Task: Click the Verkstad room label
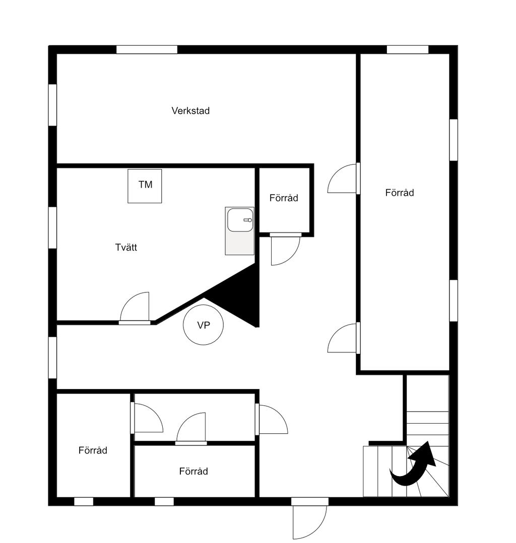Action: click(x=190, y=111)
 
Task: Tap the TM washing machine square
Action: click(x=145, y=186)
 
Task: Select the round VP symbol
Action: click(x=203, y=325)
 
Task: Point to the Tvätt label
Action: click(x=126, y=247)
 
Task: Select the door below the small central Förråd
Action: click(x=285, y=250)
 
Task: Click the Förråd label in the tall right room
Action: click(x=400, y=193)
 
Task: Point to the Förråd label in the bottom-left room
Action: click(x=93, y=450)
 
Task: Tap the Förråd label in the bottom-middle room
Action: click(x=193, y=471)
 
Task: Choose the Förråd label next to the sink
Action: click(x=284, y=198)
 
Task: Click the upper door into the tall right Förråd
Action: click(x=343, y=179)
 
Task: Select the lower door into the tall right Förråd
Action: click(x=343, y=338)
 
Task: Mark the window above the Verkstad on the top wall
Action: click(x=147, y=49)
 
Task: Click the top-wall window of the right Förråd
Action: click(x=408, y=49)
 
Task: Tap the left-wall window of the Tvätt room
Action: click(x=52, y=227)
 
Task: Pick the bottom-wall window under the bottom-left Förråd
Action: click(x=84, y=501)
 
